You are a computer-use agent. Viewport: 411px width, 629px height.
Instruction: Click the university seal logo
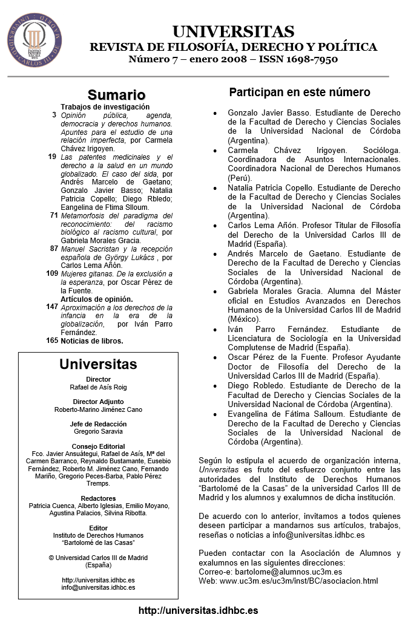click(34, 39)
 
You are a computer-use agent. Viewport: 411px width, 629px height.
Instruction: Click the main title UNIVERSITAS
click(233, 32)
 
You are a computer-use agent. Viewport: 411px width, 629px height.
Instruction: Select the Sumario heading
click(117, 96)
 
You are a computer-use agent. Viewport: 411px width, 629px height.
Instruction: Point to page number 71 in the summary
click(54, 215)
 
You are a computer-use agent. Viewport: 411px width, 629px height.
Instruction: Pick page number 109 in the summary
click(52, 273)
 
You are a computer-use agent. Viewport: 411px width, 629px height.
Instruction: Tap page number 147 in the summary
click(52, 307)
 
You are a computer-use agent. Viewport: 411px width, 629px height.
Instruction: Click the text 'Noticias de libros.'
click(92, 341)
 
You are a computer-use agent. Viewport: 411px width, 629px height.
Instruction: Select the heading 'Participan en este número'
click(300, 93)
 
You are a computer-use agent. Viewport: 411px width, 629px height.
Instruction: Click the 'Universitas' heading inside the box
click(98, 365)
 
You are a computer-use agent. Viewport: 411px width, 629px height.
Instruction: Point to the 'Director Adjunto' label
click(98, 402)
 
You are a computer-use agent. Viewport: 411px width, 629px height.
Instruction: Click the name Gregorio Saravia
click(98, 432)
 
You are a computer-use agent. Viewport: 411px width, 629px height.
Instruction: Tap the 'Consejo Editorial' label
click(98, 446)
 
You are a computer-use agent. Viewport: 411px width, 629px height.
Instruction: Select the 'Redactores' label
click(98, 498)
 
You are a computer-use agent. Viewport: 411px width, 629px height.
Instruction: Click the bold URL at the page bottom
click(198, 611)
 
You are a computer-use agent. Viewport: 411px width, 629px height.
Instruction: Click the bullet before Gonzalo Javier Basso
click(215, 113)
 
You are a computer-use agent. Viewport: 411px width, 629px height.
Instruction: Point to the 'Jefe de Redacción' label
click(98, 424)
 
